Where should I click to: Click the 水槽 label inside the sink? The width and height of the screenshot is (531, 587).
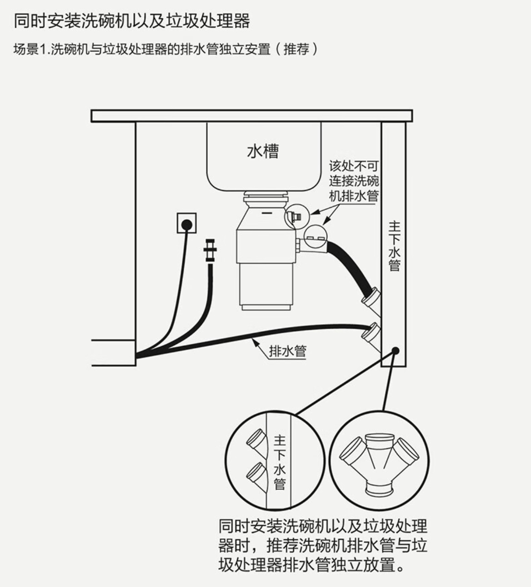[263, 151]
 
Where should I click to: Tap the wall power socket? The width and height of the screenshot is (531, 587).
[186, 223]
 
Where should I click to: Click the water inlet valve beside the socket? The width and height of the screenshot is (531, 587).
[210, 250]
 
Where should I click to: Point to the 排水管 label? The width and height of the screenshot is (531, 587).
[287, 351]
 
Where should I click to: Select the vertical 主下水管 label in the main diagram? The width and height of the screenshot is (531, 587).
[394, 246]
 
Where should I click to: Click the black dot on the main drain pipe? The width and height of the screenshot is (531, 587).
[396, 351]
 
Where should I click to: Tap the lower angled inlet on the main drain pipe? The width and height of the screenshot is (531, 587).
[371, 334]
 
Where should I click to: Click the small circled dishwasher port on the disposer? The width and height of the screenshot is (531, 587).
[295, 217]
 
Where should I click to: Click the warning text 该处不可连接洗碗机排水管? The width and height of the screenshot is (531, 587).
[354, 181]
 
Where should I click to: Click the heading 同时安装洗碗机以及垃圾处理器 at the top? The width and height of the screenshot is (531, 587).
[132, 21]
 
